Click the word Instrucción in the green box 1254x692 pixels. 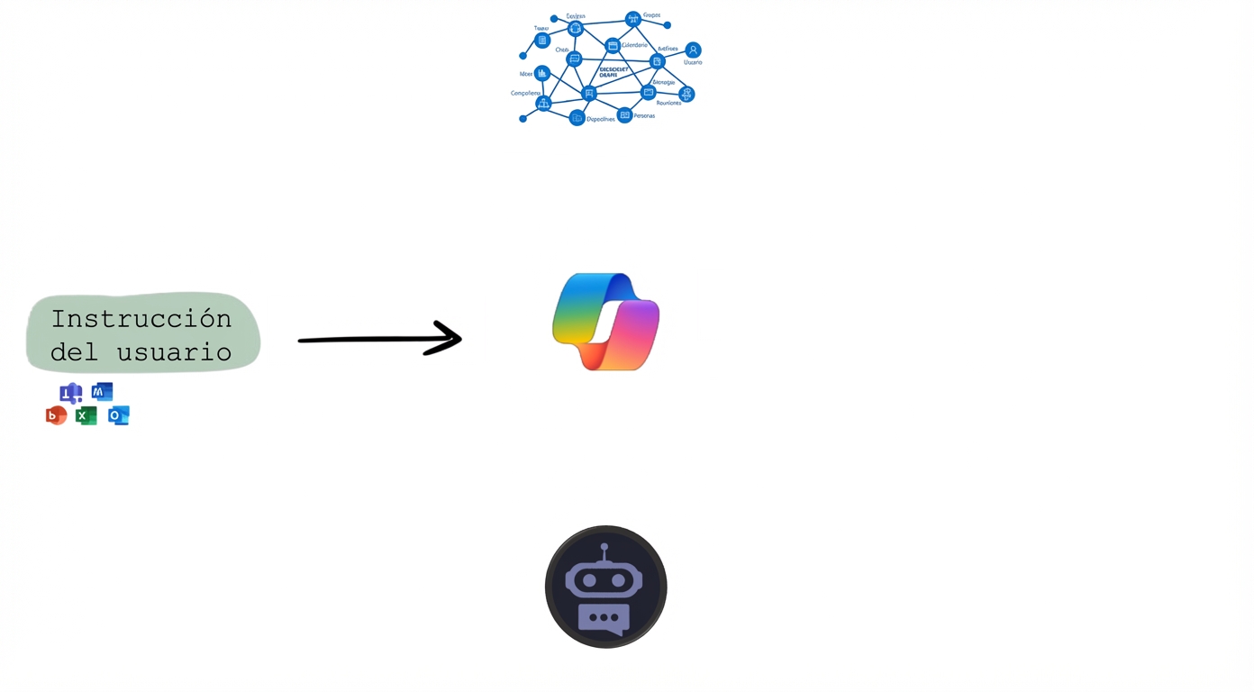141,318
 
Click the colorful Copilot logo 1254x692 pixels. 605,322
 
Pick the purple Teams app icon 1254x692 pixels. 70,393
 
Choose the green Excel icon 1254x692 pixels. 86,415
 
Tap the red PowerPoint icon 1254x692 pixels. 56,415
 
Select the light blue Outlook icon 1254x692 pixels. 119,415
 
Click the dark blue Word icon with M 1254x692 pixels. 102,392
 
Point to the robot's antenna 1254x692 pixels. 604,548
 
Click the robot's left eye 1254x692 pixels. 589,581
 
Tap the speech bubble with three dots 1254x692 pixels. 604,618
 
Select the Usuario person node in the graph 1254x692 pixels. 693,50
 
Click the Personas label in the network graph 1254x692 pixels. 644,116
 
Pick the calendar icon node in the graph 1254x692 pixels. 613,46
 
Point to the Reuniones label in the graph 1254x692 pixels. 668,103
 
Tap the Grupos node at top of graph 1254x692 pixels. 633,19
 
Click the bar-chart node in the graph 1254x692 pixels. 541,73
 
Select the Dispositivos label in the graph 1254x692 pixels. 601,119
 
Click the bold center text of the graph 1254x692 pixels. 614,72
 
